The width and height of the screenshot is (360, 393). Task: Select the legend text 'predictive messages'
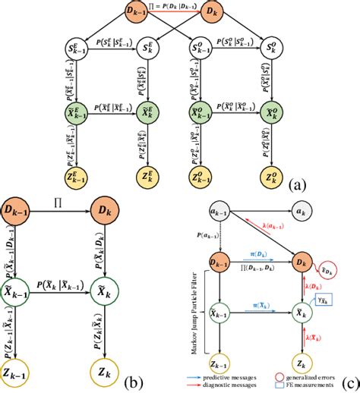point(242,374)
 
